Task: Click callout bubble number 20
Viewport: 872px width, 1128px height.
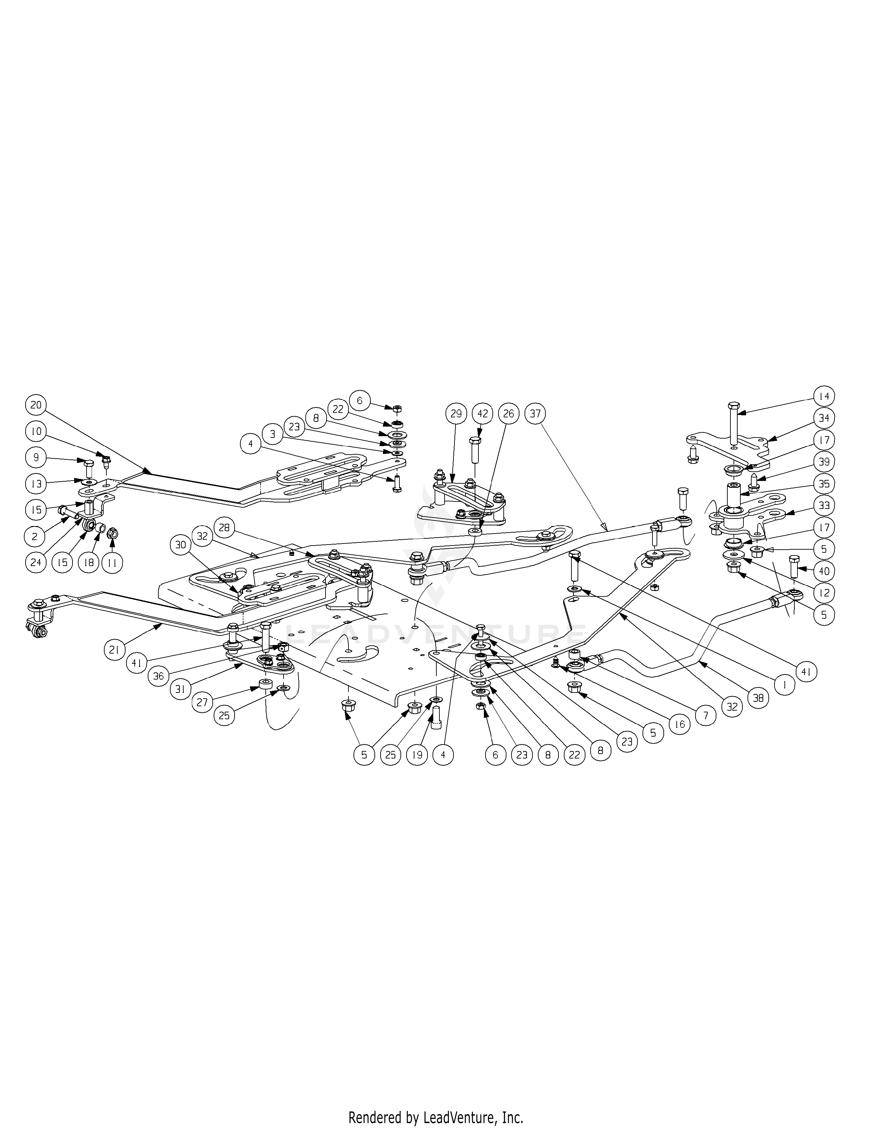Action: pos(36,405)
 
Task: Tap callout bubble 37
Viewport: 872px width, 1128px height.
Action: pos(535,414)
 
